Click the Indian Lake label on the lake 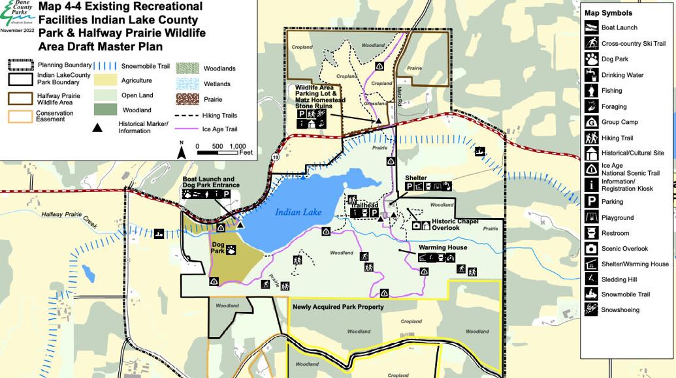coord(298,212)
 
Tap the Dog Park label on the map coord(217,248)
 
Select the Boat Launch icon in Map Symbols coord(591,27)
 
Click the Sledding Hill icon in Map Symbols coord(591,279)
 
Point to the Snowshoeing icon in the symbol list coord(591,310)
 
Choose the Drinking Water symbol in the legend coord(591,75)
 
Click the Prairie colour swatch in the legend coord(188,99)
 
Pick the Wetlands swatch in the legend coord(188,84)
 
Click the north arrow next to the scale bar coord(182,151)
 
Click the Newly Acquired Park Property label coord(338,307)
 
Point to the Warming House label coord(442,247)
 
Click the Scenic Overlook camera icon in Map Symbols coord(591,249)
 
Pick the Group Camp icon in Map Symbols coord(591,122)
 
